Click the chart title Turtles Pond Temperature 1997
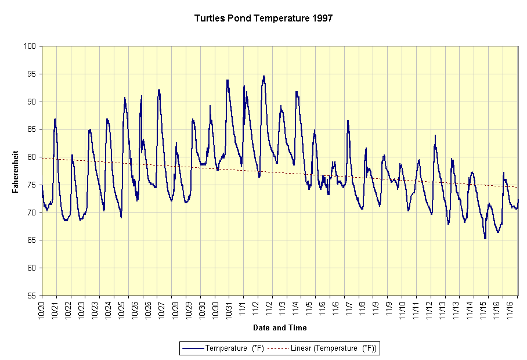pos(263,18)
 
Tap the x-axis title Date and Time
pos(280,327)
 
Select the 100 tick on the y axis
pos(32,46)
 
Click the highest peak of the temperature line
pos(263,76)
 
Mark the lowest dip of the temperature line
pos(485,238)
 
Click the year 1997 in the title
pos(322,18)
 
